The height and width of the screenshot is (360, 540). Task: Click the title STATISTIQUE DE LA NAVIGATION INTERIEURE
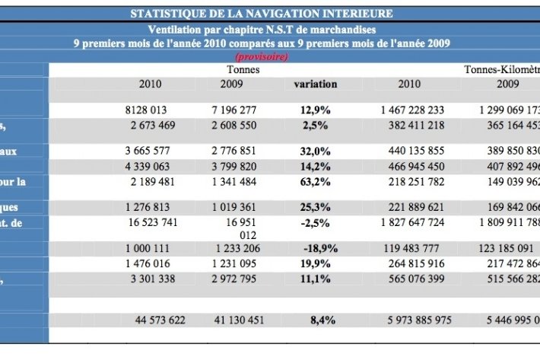click(262, 14)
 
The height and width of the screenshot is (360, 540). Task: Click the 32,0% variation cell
click(315, 151)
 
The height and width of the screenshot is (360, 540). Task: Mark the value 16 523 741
click(154, 221)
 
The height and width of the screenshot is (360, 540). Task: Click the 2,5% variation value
click(315, 125)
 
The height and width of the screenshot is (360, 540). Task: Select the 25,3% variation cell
click(315, 207)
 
